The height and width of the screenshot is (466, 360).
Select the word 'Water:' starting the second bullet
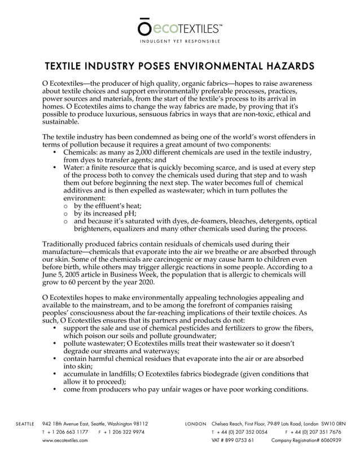(75, 168)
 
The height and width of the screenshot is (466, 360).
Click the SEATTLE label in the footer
(24, 423)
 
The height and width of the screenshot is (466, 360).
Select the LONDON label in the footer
(195, 423)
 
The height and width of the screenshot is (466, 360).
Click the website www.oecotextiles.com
(65, 441)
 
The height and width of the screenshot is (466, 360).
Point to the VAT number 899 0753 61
(237, 441)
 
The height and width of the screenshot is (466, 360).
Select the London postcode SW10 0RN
(332, 423)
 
